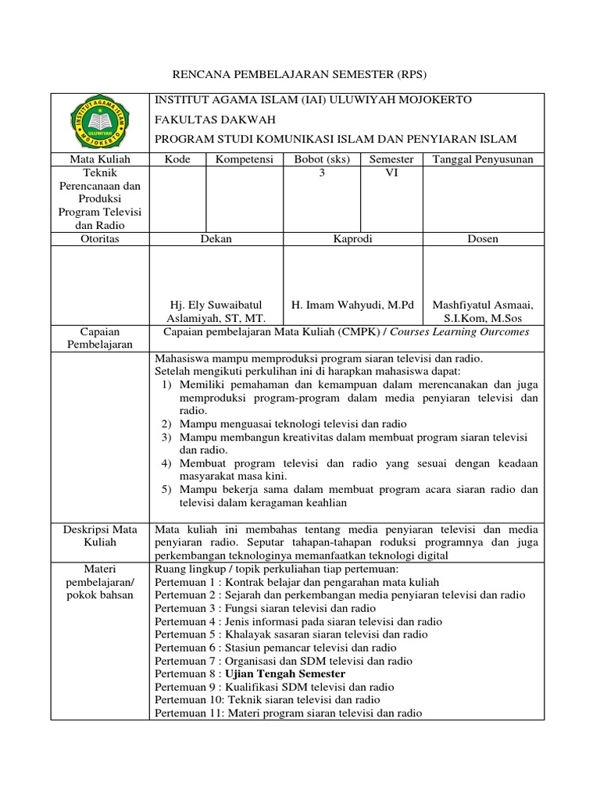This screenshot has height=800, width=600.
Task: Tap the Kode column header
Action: coord(177,159)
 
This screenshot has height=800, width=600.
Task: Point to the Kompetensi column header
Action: coord(245,159)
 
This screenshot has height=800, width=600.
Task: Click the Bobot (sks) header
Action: coord(321,159)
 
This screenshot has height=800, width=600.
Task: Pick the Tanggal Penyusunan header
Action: coord(483,159)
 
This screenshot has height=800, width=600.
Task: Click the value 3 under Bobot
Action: coord(321,173)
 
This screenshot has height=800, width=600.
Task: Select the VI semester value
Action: coord(391,173)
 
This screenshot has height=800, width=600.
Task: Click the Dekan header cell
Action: coord(216,239)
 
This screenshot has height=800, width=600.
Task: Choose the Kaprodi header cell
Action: coord(352,239)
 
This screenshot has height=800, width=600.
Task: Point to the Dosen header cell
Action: coord(483,239)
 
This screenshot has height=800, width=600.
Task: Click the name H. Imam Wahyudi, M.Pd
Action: coord(352,304)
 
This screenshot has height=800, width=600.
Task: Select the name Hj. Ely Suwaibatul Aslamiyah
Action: coord(216,311)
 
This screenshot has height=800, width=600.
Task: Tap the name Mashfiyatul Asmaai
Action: coord(483,304)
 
